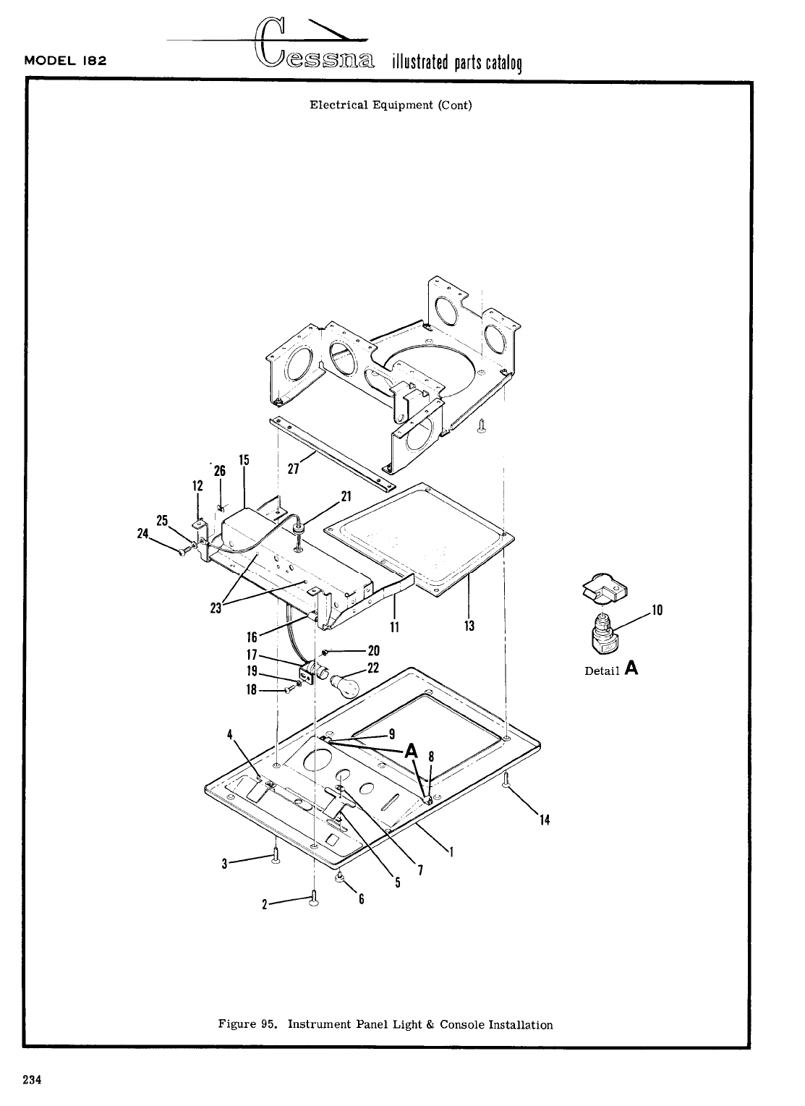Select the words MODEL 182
coord(66,60)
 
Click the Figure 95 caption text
coord(386,1024)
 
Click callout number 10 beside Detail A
coord(657,611)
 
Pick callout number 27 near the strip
coord(293,469)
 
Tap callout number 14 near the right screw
coord(545,820)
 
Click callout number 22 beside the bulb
coord(373,668)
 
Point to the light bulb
coord(345,684)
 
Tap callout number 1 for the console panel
coord(451,851)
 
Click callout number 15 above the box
coord(244,460)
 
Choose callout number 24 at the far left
coord(142,534)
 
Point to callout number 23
coord(215,609)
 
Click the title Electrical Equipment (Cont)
coord(391,105)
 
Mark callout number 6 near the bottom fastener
coord(361,899)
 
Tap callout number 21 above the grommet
coord(346,496)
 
